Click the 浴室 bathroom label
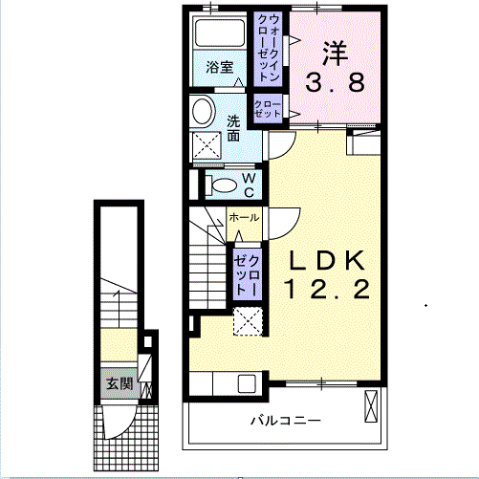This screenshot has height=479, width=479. pyautogui.click(x=220, y=67)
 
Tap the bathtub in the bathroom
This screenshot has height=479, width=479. pyautogui.click(x=220, y=33)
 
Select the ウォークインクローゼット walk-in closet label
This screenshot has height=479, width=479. pyautogui.click(x=268, y=48)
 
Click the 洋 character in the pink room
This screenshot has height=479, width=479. pyautogui.click(x=335, y=53)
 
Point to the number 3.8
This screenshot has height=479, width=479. pyautogui.click(x=335, y=82)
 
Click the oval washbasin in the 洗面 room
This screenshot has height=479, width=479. pyautogui.click(x=203, y=112)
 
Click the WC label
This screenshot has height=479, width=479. pyautogui.click(x=249, y=185)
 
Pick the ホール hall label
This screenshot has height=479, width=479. pyautogui.click(x=244, y=218)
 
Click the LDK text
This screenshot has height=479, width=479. pyautogui.click(x=327, y=260)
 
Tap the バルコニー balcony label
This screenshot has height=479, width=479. pyautogui.click(x=286, y=421)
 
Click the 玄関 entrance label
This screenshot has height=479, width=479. pyautogui.click(x=120, y=383)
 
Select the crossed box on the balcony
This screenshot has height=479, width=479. pyautogui.click(x=371, y=406)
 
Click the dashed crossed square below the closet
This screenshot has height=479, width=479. pyautogui.click(x=248, y=321)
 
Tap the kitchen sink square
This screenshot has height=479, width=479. pyautogui.click(x=247, y=383)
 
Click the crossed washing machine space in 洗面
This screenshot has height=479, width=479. pyautogui.click(x=207, y=145)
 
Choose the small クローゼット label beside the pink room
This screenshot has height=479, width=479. pyautogui.click(x=268, y=109)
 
